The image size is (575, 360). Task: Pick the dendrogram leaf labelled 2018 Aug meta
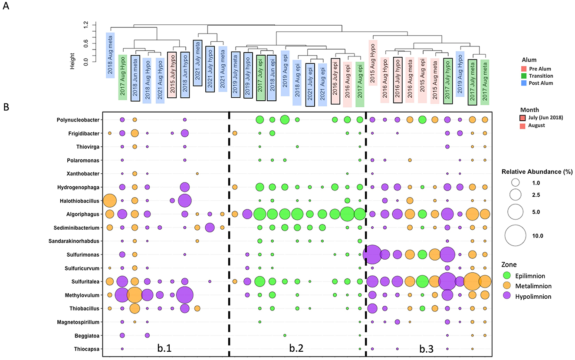pos(110,55)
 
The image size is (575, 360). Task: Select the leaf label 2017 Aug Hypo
pos(123,77)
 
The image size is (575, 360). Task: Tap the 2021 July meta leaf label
pos(197,63)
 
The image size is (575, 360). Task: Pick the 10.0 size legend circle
pos(518,236)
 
